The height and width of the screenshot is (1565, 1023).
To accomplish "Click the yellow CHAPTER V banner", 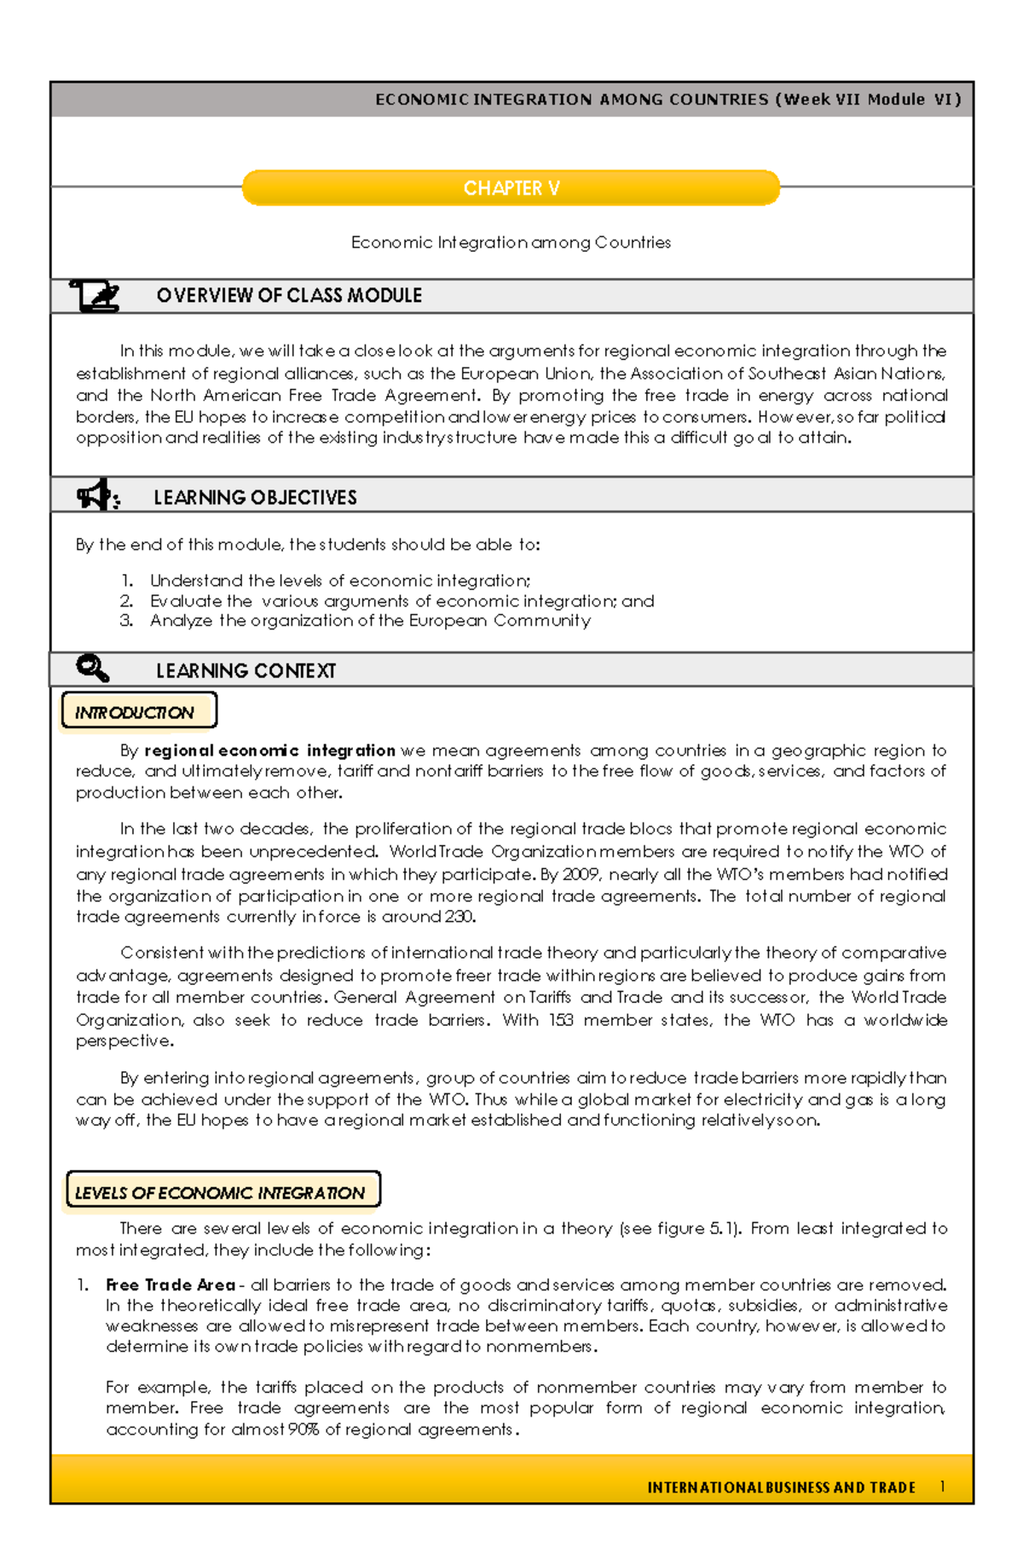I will tap(511, 188).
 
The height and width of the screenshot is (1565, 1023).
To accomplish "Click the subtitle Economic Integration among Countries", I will tap(511, 243).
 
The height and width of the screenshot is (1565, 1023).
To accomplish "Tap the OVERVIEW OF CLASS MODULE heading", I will tap(289, 296).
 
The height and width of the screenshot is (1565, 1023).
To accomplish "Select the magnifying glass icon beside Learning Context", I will tap(92, 669).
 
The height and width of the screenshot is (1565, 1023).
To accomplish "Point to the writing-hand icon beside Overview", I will tap(95, 296).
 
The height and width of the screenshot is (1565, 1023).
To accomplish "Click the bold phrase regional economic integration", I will tap(269, 751).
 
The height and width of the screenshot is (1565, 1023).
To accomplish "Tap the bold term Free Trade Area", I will tap(170, 1285).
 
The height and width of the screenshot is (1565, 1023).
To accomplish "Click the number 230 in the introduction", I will tap(459, 918).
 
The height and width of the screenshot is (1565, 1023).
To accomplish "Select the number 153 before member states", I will tap(560, 1020).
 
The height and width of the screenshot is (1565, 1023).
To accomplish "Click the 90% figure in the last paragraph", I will tap(303, 1429).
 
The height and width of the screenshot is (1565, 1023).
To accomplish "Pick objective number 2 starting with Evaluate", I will tap(401, 601).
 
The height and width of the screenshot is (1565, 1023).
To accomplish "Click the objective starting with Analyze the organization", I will tap(369, 621).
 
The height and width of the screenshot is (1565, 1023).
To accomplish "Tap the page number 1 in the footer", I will tap(942, 1487).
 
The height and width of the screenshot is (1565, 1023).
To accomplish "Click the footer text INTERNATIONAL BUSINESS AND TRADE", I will tap(781, 1487).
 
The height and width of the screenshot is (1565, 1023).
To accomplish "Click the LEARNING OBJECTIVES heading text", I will tap(255, 498).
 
